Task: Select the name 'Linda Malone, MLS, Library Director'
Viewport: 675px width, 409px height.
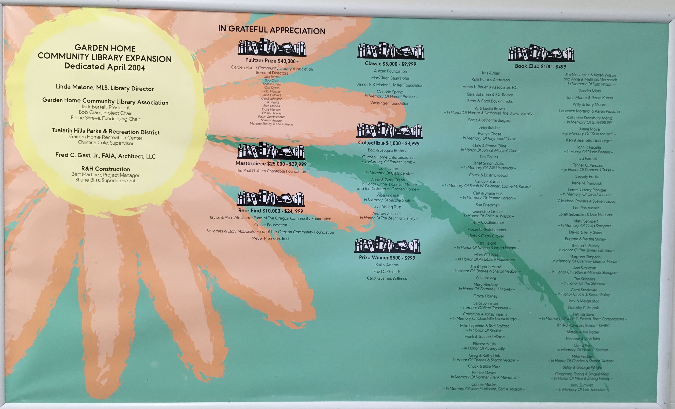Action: [105, 88]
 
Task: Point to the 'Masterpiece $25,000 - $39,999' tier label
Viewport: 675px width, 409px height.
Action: [271, 164]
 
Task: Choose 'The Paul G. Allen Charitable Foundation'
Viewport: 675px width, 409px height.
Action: [271, 171]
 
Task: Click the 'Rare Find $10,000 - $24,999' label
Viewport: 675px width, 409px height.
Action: [270, 211]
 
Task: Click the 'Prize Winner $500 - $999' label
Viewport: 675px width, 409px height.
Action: [387, 257]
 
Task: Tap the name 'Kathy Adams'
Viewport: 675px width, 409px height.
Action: [387, 265]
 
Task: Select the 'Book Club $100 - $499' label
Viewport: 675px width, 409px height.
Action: [540, 66]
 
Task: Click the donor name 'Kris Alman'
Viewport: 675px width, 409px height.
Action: [491, 73]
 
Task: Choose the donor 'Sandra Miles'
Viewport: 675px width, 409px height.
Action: [590, 91]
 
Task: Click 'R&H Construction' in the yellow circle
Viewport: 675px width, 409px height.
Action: [106, 169]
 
